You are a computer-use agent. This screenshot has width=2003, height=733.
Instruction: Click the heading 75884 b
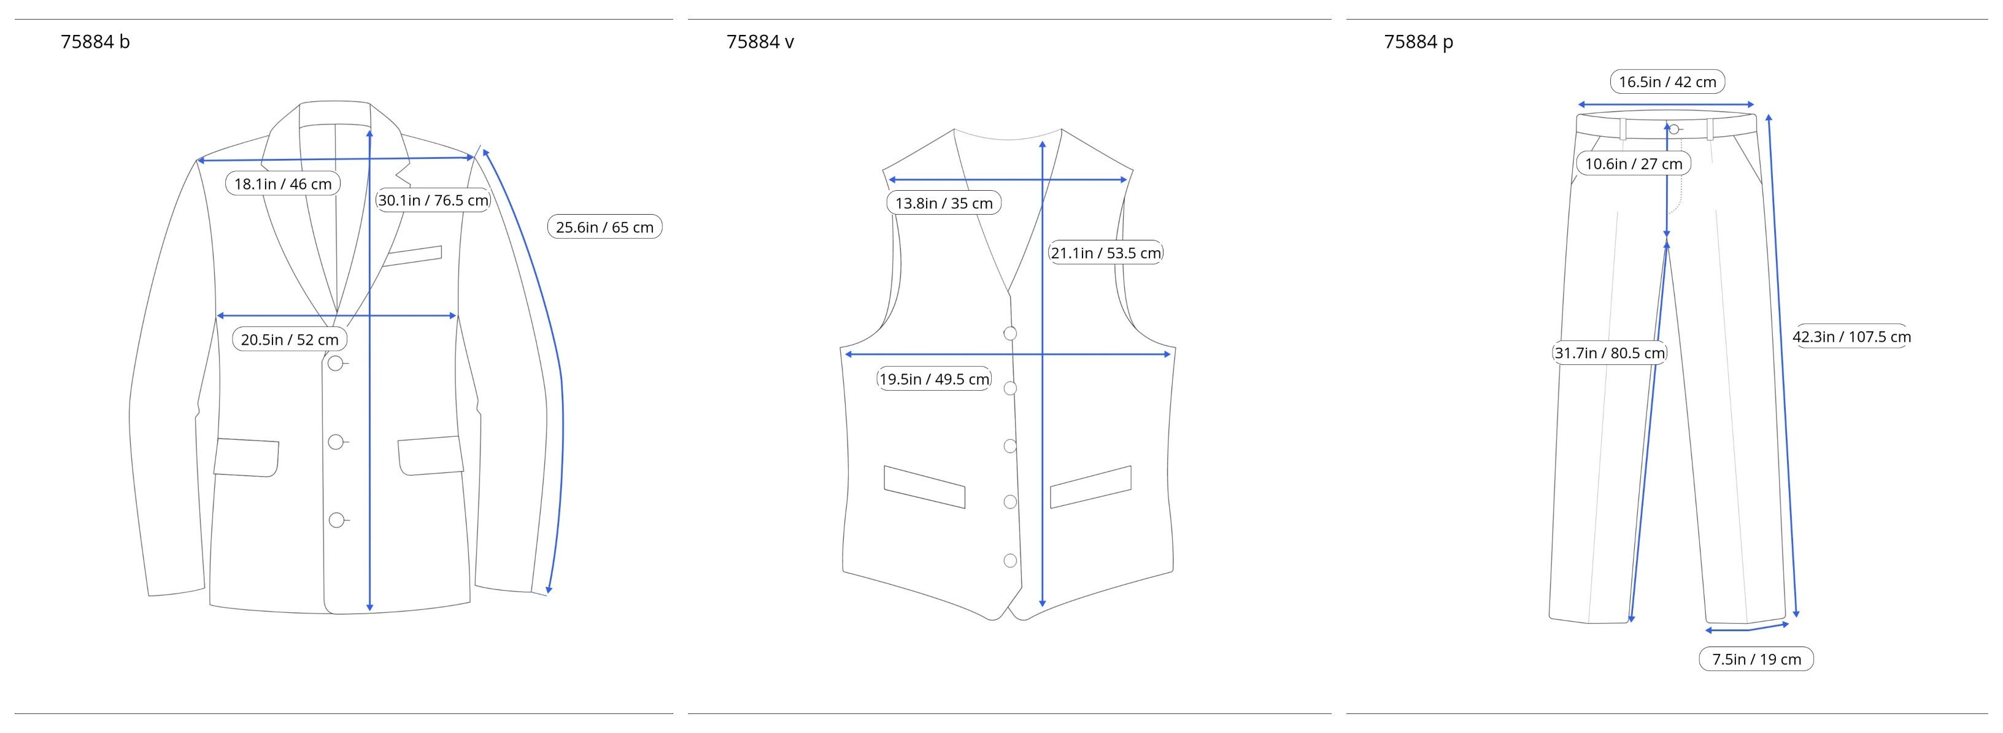coord(95,42)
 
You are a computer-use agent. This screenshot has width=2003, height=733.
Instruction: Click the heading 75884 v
coord(760,42)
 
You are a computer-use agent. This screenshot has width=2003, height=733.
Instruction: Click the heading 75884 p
coord(1418,42)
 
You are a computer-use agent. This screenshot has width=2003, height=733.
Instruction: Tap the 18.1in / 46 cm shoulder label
coord(283,184)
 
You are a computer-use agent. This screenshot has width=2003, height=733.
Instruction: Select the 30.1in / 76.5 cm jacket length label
coord(433,201)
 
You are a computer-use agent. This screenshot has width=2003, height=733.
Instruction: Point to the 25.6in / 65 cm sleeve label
coord(604,227)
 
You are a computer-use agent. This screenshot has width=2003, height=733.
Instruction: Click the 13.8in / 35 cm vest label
coord(944,204)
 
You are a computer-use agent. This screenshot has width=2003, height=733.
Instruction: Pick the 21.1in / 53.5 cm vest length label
coord(1106,253)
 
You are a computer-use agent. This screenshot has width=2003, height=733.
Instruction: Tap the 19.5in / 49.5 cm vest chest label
coord(934,379)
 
